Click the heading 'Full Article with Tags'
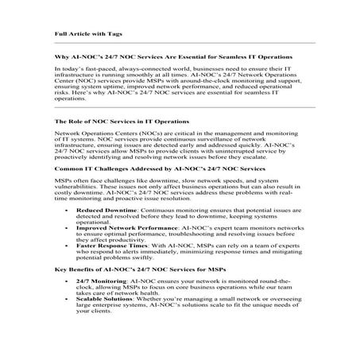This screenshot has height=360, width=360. (87, 33)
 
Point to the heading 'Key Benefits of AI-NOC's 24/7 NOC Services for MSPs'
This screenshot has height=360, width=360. (138, 271)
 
